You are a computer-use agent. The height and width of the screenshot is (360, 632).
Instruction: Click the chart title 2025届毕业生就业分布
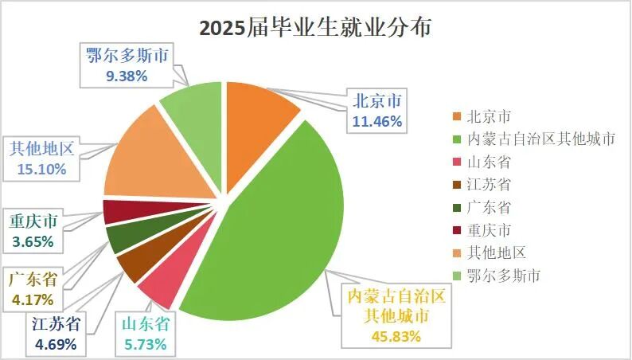pyautogui.click(x=315, y=29)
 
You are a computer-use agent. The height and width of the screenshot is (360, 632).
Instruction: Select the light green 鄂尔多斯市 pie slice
pyautogui.click(x=193, y=108)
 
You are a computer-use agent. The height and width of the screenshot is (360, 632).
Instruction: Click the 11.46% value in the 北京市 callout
pyautogui.click(x=377, y=122)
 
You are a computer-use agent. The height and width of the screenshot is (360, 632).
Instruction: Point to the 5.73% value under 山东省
pyautogui.click(x=144, y=344)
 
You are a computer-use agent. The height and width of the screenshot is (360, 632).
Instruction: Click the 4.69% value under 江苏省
pyautogui.click(x=56, y=344)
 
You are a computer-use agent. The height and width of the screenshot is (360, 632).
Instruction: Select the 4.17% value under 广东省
pyautogui.click(x=33, y=300)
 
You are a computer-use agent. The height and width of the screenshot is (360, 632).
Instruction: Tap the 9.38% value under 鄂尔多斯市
pyautogui.click(x=126, y=76)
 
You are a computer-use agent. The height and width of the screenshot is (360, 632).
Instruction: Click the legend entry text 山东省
pyautogui.click(x=490, y=162)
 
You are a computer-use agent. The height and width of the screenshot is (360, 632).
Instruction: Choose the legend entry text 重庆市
pyautogui.click(x=490, y=230)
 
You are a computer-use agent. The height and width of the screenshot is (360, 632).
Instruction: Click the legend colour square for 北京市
pyautogui.click(x=456, y=116)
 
